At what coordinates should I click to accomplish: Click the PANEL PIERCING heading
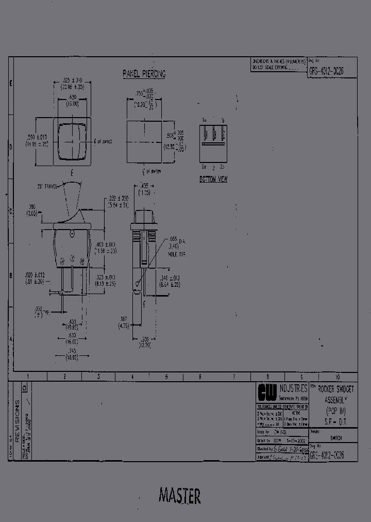click(144, 74)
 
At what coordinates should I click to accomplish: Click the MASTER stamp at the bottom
click(179, 496)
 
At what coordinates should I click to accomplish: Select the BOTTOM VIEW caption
click(213, 180)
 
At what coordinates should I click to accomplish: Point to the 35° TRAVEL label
click(46, 186)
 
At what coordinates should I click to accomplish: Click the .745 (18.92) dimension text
click(72, 353)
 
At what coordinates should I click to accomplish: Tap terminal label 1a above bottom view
click(204, 120)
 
